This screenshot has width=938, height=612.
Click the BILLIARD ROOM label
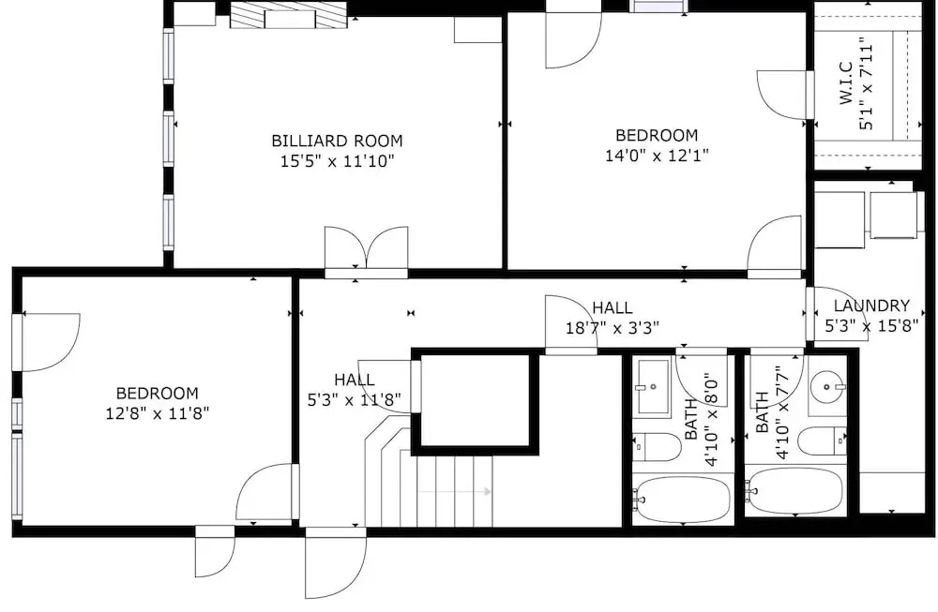(x=337, y=141)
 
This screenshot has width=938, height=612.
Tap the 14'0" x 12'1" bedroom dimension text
(x=657, y=156)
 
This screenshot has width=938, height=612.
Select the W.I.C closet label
(x=846, y=83)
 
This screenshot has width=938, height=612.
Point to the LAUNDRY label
(x=871, y=306)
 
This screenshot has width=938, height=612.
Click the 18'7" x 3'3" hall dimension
(x=612, y=327)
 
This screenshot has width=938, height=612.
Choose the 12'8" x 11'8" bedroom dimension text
(x=158, y=413)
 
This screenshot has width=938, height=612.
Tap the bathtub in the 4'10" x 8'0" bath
(x=682, y=499)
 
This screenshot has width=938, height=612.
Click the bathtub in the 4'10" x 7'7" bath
(x=795, y=491)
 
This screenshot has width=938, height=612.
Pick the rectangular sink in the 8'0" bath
(x=653, y=387)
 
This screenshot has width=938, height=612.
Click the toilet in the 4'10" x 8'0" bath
(x=657, y=446)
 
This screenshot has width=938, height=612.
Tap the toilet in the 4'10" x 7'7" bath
(x=822, y=441)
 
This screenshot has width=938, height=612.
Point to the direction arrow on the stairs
(x=455, y=492)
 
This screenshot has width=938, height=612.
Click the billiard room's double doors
(x=366, y=251)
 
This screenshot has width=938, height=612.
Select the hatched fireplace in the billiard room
(x=289, y=16)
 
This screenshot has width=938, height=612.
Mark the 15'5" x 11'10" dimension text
(x=338, y=161)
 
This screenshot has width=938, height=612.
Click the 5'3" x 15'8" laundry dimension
(x=871, y=326)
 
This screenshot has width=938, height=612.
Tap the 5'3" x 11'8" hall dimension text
(x=355, y=399)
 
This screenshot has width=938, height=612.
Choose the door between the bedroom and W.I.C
(x=783, y=96)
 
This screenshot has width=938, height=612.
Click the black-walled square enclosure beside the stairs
(x=476, y=400)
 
